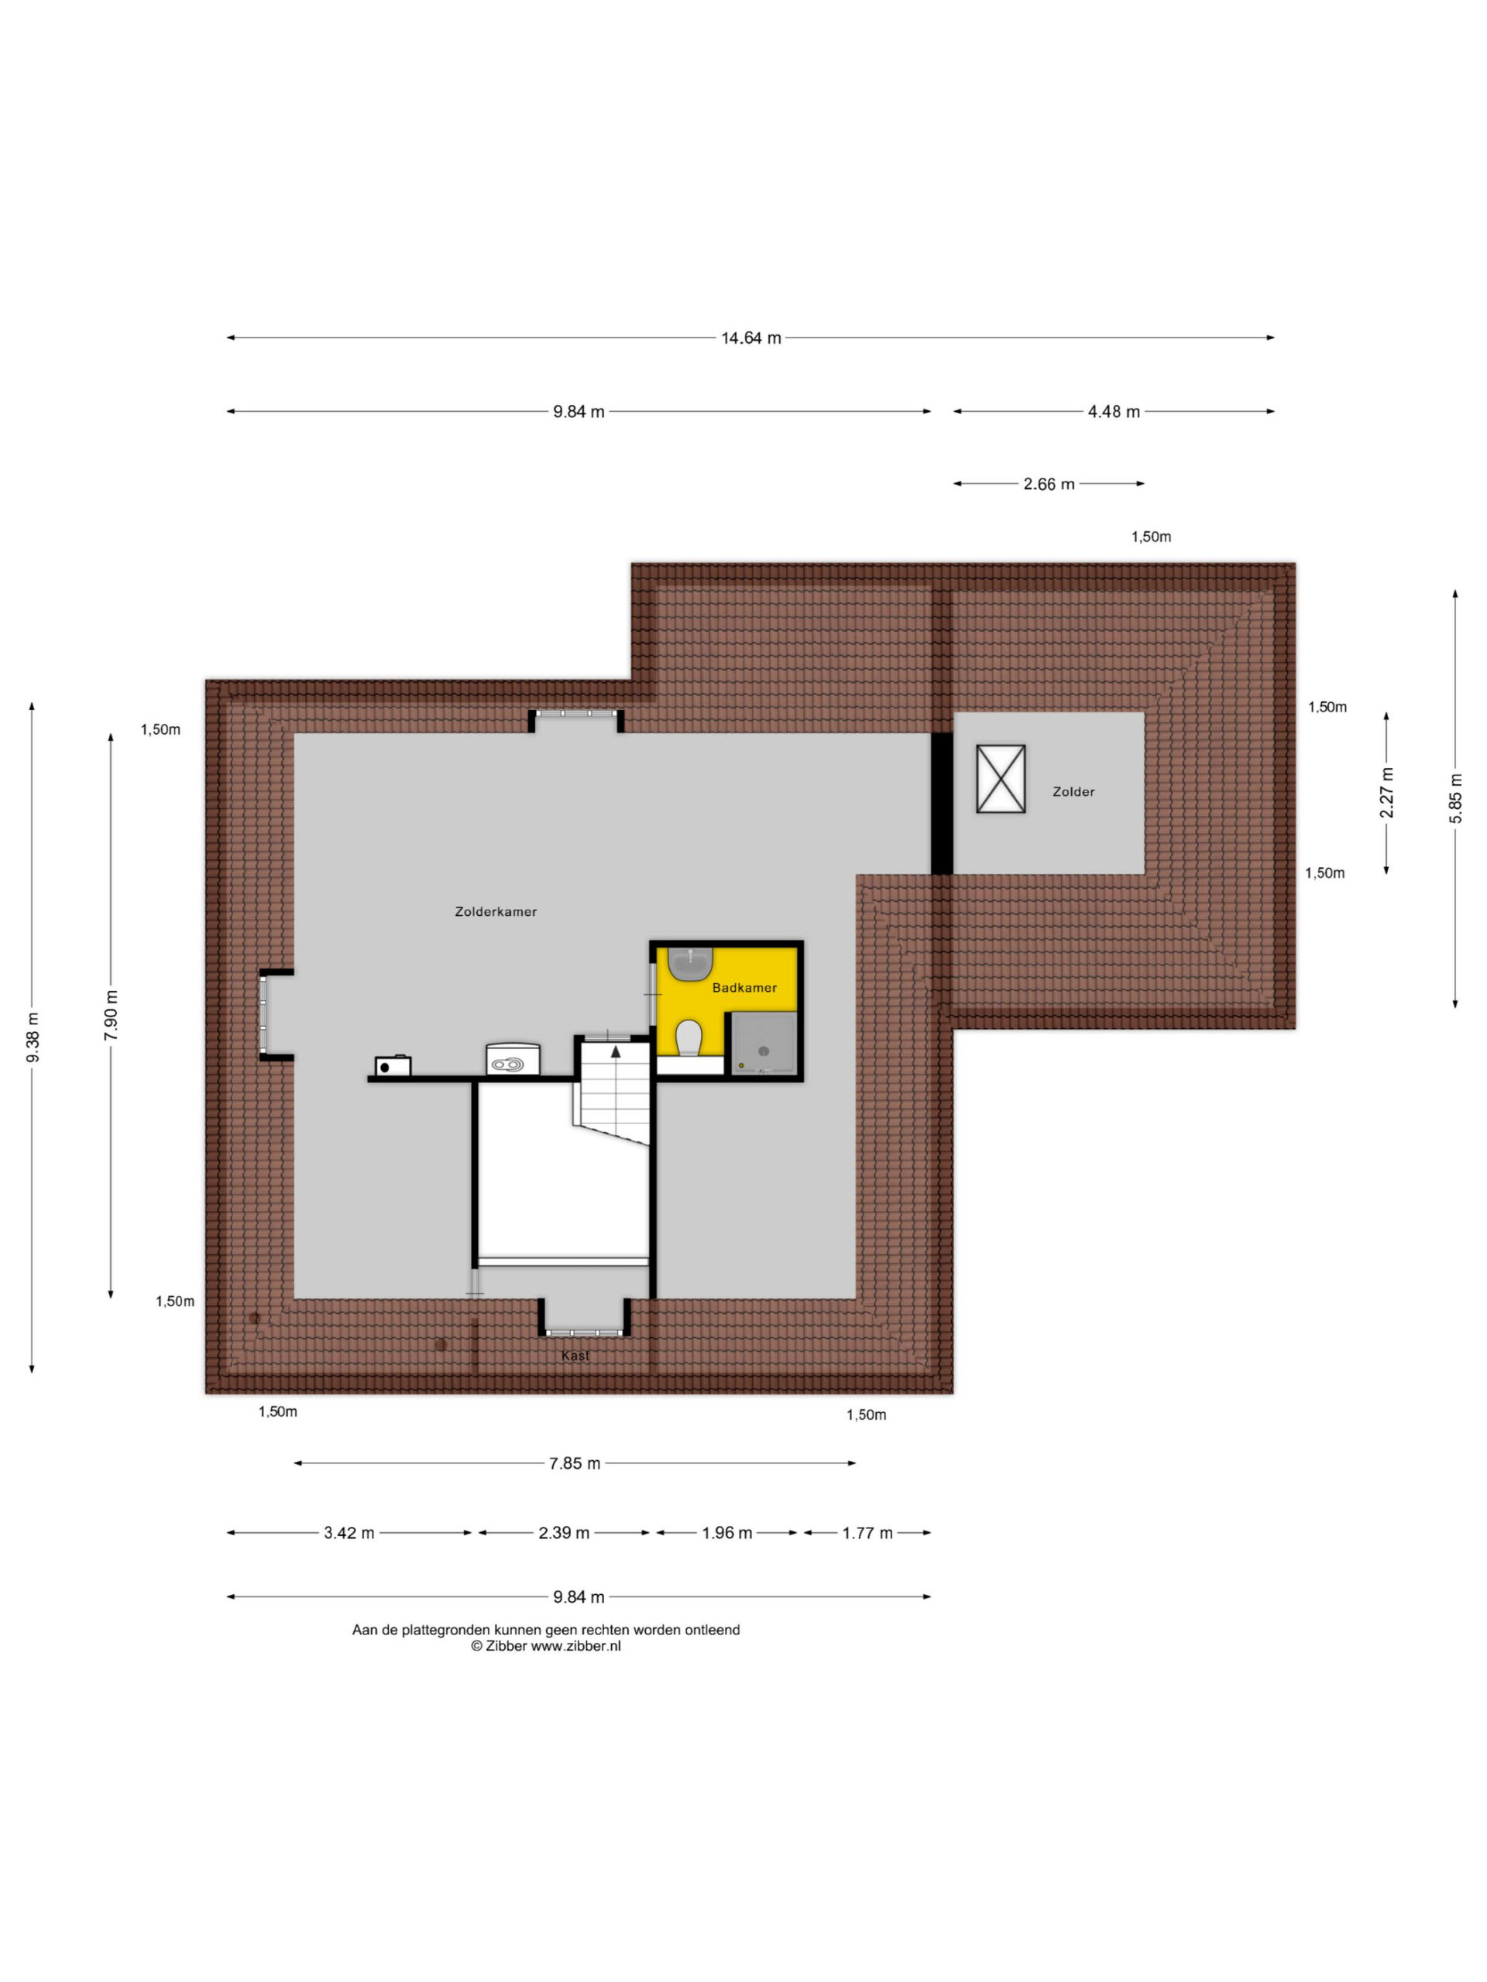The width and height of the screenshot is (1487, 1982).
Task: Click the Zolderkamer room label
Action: coord(496,911)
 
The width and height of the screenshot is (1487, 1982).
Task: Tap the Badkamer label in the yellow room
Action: coord(744,987)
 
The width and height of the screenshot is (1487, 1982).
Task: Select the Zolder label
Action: coord(1073,791)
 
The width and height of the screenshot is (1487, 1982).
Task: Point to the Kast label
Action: coord(575,1356)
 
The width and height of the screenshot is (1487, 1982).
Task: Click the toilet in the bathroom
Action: coord(689,1037)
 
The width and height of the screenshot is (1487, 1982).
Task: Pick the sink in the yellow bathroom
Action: coord(689,963)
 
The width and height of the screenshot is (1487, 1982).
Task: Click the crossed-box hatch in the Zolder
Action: coord(1001,779)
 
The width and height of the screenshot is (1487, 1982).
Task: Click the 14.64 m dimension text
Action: coord(751,338)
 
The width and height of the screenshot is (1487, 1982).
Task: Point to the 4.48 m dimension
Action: coord(1113,411)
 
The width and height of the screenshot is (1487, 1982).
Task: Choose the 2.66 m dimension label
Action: coord(1049,484)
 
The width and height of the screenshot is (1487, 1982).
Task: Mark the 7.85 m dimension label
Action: coord(575,1463)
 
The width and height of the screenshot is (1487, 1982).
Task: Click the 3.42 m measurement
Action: coord(349,1533)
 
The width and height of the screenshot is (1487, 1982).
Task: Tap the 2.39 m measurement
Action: coord(564,1533)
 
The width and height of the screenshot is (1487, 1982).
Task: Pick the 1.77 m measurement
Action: coord(867,1533)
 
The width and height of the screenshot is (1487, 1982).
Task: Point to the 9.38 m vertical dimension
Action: coord(33,1037)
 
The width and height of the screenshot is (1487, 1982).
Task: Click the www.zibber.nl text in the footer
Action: coord(575,1646)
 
